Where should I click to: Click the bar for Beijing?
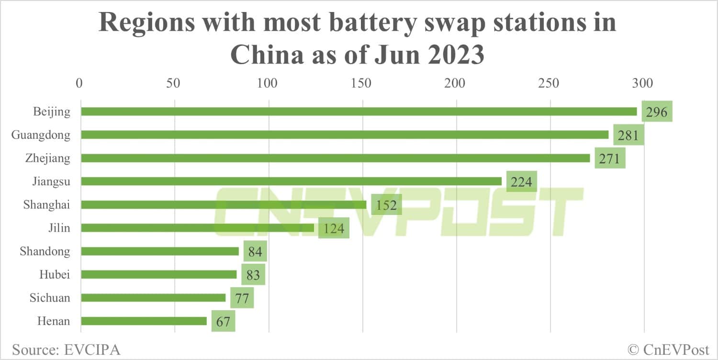tap(359, 112)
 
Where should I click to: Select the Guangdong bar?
tap(345, 135)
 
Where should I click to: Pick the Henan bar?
tap(144, 321)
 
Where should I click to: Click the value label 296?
tap(657, 112)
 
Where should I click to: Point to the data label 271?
tap(610, 158)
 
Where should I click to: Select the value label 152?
tap(386, 205)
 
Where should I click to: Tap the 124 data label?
tap(334, 228)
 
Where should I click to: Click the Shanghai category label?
tap(46, 205)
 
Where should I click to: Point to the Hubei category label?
tap(55, 274)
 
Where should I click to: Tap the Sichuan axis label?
tap(50, 298)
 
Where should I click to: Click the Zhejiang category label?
tap(47, 158)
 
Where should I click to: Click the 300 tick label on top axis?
tap(642, 83)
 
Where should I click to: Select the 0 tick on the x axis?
tap(79, 83)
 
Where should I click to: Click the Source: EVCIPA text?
tap(66, 349)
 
